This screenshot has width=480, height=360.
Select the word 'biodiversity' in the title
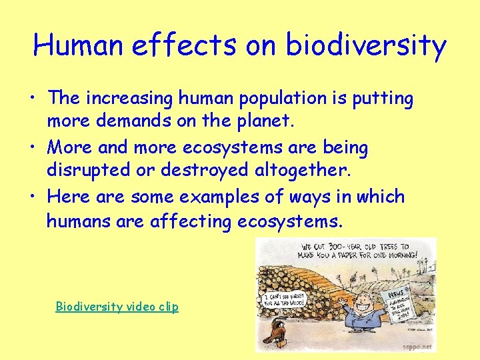coord(366,45)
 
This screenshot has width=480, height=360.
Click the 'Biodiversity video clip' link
coord(117,307)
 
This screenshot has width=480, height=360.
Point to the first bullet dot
coord(33,100)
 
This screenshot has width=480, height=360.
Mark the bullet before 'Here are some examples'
coord(33,198)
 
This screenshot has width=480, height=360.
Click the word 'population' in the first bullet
coord(273,99)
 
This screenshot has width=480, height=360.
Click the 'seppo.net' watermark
coord(417,347)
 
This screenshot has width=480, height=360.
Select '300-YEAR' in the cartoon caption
coord(347,246)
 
